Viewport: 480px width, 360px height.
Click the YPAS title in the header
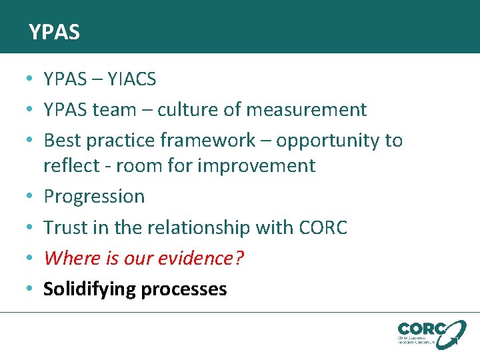pos(54,32)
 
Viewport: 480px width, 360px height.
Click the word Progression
pos(94,197)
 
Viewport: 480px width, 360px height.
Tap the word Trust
pos(63,227)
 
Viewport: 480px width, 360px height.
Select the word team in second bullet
pos(125,109)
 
